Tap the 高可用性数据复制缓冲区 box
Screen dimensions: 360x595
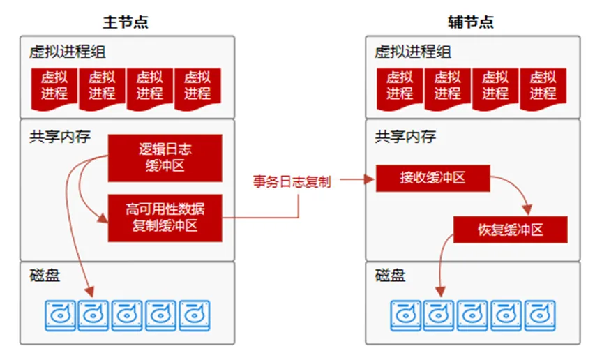point(165,217)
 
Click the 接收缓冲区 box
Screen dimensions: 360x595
point(432,178)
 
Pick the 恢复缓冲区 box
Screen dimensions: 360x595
point(511,230)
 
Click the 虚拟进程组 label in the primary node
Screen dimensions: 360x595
point(68,52)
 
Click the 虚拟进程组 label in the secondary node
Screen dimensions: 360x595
point(413,52)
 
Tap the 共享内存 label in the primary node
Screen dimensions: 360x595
point(60,136)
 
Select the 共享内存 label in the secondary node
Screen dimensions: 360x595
point(405,136)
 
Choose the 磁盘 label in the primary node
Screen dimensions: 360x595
point(45,275)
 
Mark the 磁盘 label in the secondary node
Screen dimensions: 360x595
point(390,275)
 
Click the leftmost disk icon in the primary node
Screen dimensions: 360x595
point(59,315)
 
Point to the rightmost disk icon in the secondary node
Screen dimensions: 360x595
point(540,315)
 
